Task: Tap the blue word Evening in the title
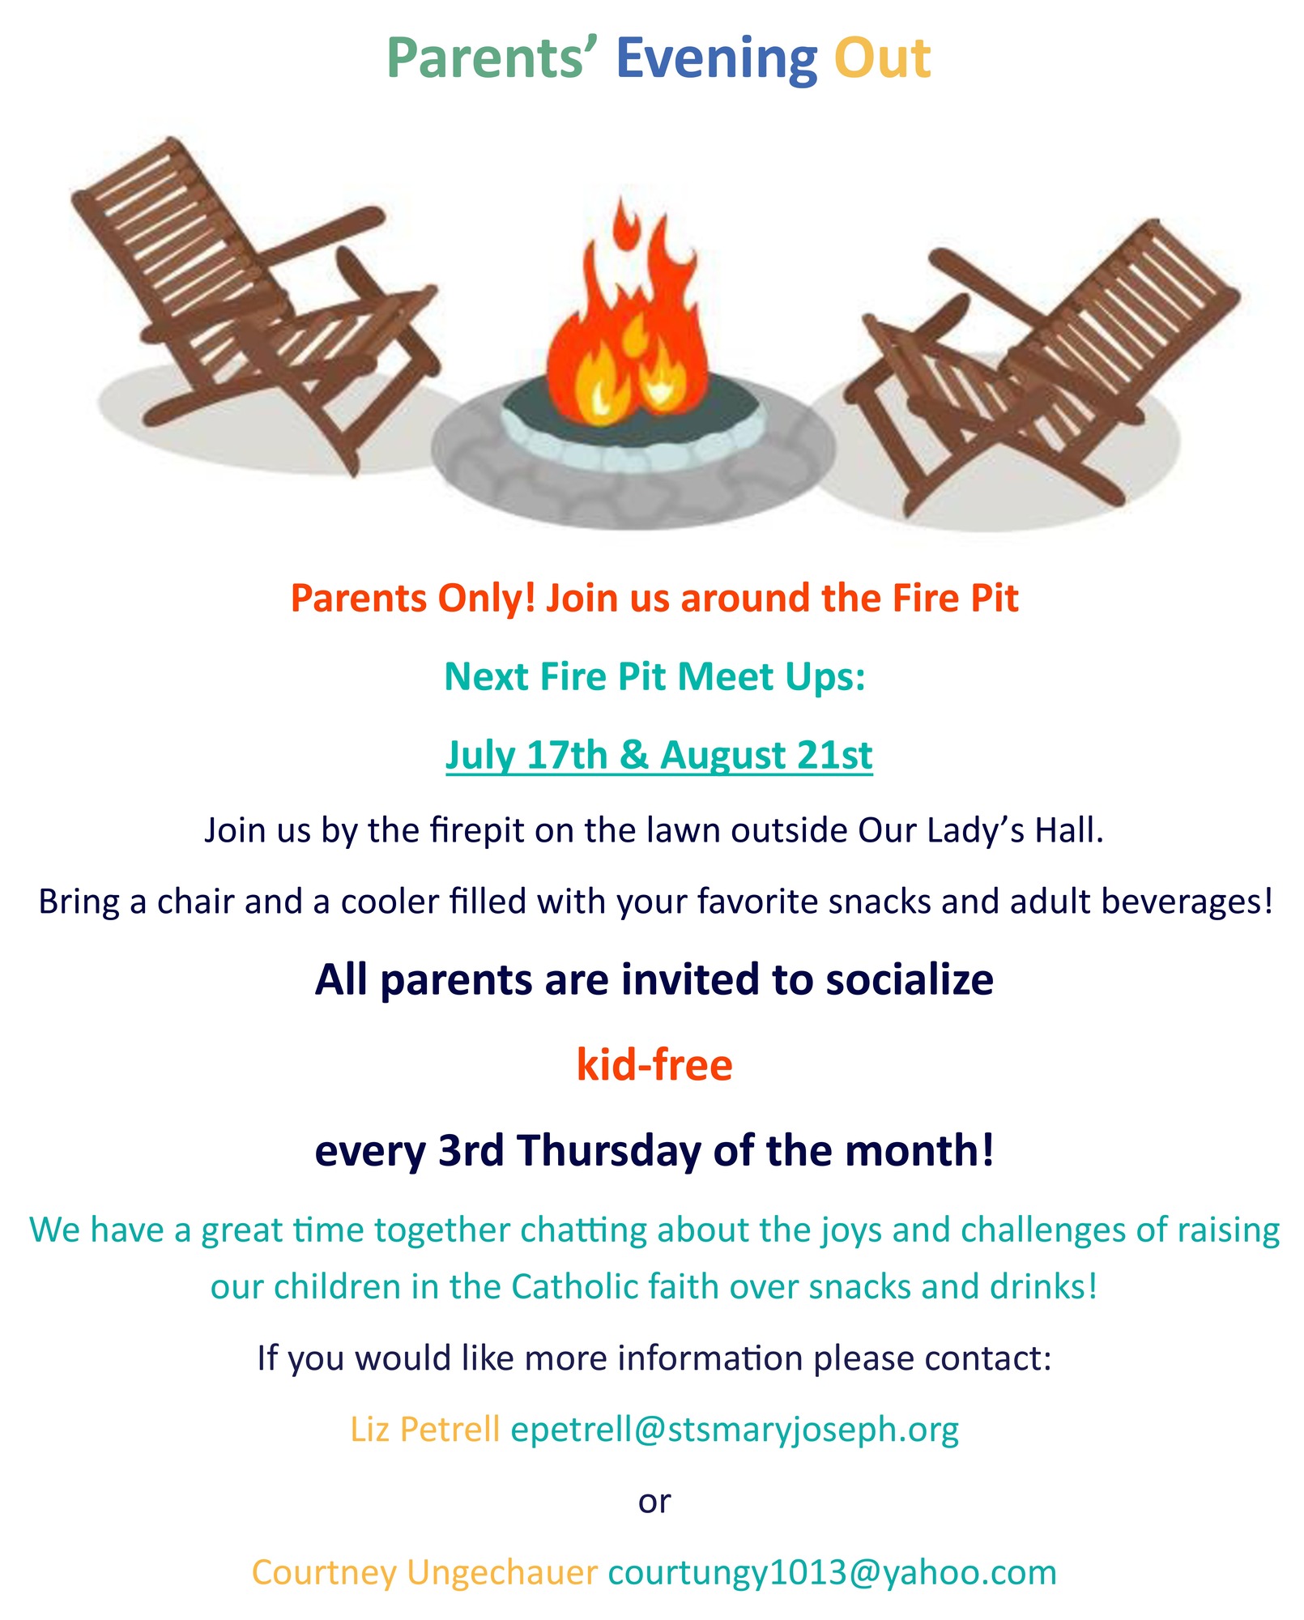tap(717, 61)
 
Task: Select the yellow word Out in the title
tap(883, 59)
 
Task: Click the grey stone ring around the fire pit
tap(633, 486)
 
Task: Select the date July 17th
tap(526, 754)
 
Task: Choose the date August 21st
tap(766, 756)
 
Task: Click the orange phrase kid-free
tap(654, 1064)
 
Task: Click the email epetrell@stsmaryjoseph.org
tap(735, 1429)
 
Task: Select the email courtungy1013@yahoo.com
tap(833, 1571)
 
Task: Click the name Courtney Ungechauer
tap(424, 1571)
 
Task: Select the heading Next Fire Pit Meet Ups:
tap(655, 676)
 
